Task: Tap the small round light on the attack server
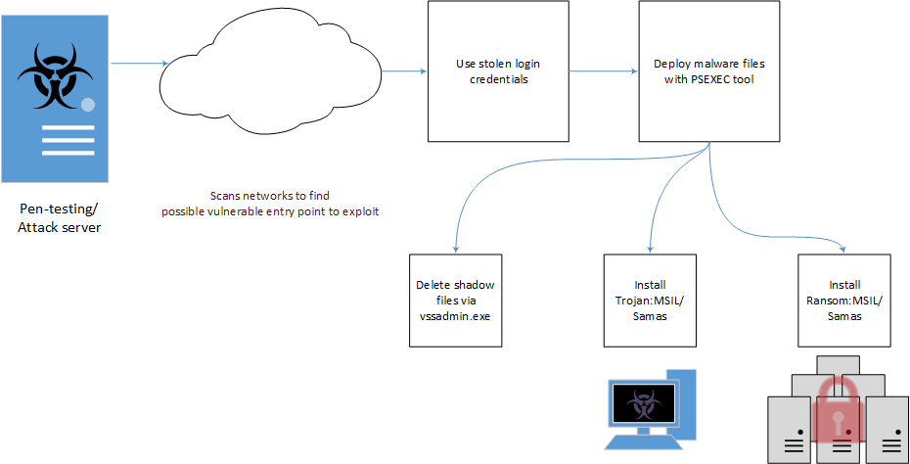88,105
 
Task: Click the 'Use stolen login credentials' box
498,71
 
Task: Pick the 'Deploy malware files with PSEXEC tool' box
709,71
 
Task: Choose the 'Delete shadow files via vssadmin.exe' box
456,301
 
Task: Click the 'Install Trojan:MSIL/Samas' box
650,301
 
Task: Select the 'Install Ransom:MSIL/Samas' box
844,301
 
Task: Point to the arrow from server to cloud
139,62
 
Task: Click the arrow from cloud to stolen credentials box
404,71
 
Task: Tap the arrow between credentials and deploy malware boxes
604,71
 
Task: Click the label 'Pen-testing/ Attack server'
59,217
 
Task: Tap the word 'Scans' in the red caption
223,196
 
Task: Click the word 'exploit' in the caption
363,211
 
